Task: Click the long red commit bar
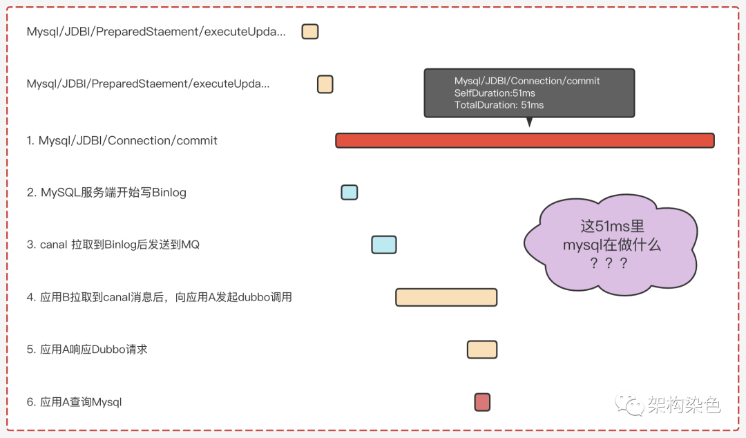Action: click(x=524, y=140)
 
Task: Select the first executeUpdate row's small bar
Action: click(x=310, y=32)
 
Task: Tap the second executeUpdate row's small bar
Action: click(x=325, y=84)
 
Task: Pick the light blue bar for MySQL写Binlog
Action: click(x=350, y=193)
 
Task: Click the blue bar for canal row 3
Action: click(x=384, y=245)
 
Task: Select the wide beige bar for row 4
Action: click(x=446, y=297)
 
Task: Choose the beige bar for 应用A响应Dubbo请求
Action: click(x=482, y=350)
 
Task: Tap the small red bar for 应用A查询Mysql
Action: click(x=482, y=402)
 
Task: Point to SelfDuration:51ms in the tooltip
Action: click(x=495, y=93)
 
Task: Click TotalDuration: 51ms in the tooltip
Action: click(x=499, y=105)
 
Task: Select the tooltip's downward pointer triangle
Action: click(x=530, y=122)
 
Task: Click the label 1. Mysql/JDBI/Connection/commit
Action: click(x=122, y=141)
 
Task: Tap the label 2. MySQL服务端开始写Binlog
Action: click(x=107, y=193)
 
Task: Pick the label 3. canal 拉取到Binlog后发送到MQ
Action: click(x=113, y=245)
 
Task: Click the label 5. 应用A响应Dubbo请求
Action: click(x=88, y=350)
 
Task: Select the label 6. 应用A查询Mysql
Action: click(x=75, y=402)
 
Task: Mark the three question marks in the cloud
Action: click(x=609, y=263)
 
